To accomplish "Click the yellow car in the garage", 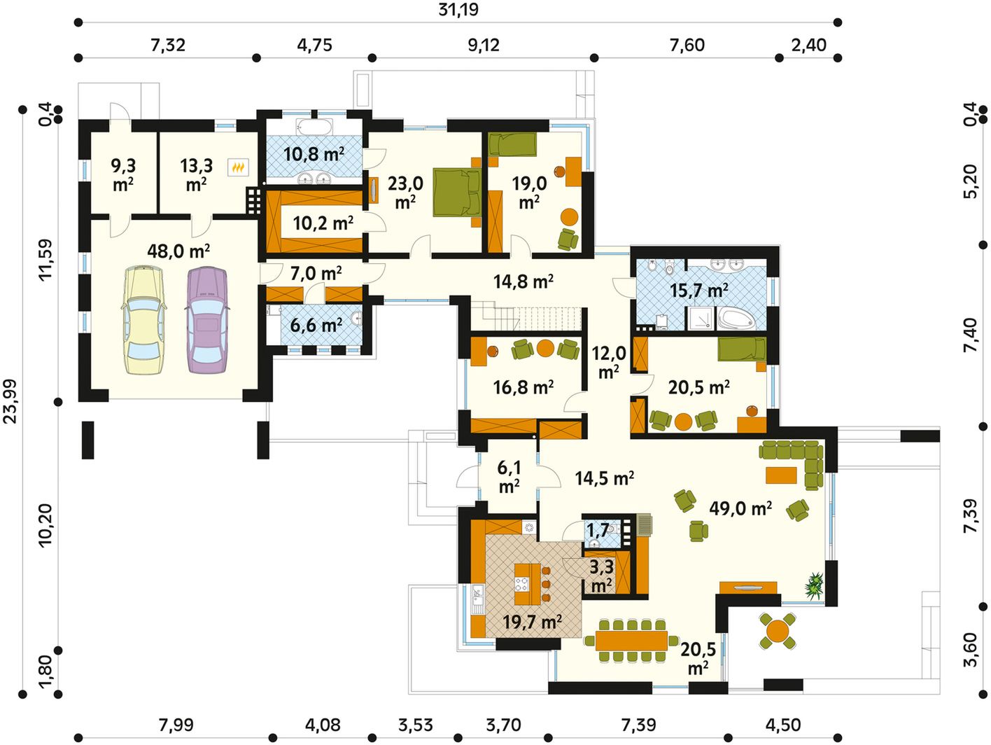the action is [143, 321].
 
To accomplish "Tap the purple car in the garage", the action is [207, 321].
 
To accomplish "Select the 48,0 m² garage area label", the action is [178, 251].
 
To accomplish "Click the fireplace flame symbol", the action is [238, 168].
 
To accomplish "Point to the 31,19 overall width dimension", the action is [458, 10].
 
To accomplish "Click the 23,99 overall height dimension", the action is [10, 401].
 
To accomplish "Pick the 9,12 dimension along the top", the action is [484, 45].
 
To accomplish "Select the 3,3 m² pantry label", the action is [602, 576].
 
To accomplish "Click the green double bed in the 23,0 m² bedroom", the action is [457, 193].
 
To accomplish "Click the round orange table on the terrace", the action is [778, 631].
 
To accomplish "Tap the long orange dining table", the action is [631, 640].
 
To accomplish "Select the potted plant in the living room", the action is [814, 585].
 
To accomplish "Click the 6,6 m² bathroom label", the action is [316, 325].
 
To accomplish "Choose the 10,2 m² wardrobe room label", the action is [323, 223].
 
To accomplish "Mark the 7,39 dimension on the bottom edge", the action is [638, 725].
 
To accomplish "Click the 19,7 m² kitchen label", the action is [533, 622].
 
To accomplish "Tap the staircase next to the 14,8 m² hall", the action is [526, 319].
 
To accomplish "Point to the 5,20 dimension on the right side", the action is [971, 181].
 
